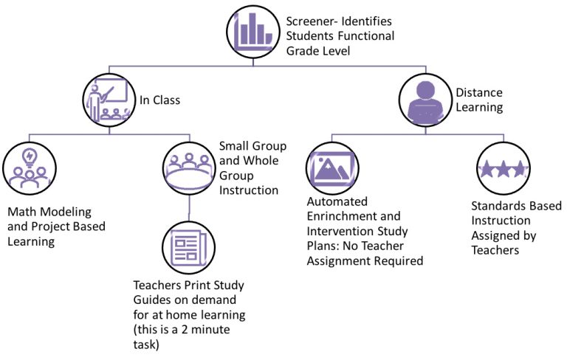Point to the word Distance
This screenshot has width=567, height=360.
[x=479, y=93]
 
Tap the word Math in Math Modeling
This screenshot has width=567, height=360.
[x=23, y=212]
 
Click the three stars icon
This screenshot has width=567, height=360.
[x=503, y=169]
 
